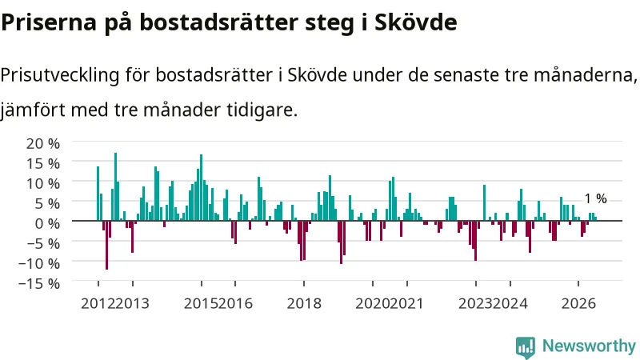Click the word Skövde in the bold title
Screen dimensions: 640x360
click(x=415, y=22)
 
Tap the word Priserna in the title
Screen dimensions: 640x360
click(x=49, y=22)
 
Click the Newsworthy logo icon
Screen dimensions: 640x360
click(x=526, y=347)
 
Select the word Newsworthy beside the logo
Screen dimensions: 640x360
click(x=589, y=346)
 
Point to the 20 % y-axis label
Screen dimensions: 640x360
click(x=43, y=143)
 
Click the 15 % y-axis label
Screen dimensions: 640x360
click(x=43, y=163)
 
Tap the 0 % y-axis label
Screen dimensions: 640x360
click(x=47, y=223)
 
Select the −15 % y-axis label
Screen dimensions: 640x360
click(x=39, y=283)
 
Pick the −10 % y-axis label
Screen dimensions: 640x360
click(x=39, y=263)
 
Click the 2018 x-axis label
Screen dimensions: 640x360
click(x=304, y=304)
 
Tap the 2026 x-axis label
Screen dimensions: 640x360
click(x=578, y=304)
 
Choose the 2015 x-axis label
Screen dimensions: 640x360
click(x=201, y=304)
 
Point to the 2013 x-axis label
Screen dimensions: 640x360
click(x=132, y=304)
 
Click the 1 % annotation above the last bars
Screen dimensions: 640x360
click(x=595, y=198)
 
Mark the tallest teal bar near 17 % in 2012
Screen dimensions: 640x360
click(x=115, y=186)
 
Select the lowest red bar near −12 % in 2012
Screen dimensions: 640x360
click(x=107, y=245)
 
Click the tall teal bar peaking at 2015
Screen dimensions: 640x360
click(x=202, y=187)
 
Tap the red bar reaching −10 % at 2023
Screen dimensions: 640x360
click(x=475, y=241)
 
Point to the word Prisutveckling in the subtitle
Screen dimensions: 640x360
click(x=60, y=75)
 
